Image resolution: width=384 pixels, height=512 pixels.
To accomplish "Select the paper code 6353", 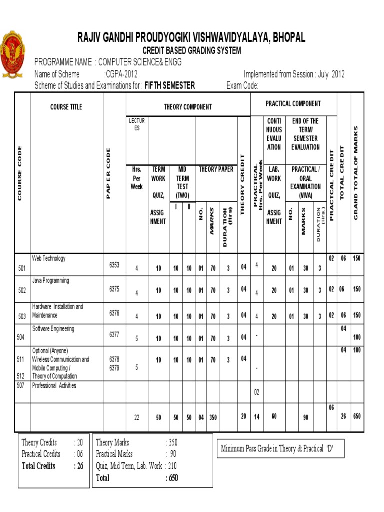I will (x=114, y=265).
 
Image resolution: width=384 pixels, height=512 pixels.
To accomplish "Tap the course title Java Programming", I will (x=51, y=281).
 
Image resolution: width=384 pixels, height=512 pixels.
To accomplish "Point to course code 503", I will (x=22, y=316).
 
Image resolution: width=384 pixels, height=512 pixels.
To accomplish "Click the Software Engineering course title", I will (x=53, y=329).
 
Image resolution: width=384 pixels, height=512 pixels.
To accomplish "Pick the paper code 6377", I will (x=114, y=335).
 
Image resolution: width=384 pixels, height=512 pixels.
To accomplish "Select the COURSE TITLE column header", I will (x=66, y=107).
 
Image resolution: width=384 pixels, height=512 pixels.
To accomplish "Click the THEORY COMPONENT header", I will (x=188, y=107).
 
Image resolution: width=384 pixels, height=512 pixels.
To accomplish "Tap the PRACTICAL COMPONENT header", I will (x=293, y=104).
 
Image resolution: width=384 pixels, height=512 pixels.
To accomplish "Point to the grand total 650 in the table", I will (x=357, y=416).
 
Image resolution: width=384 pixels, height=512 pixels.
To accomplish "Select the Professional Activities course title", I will (x=54, y=386).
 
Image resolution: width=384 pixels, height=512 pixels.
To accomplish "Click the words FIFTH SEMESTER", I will (x=170, y=85).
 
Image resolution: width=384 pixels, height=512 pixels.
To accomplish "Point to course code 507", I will (x=20, y=386).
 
